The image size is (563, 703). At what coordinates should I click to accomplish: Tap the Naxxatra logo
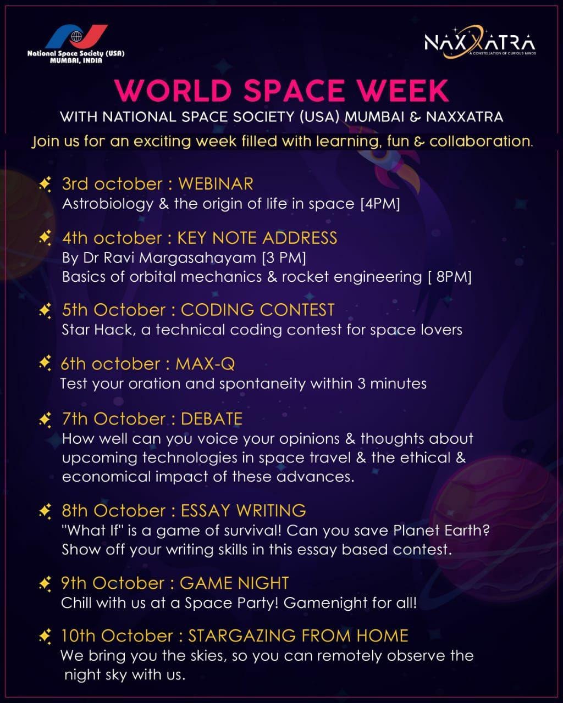(480, 42)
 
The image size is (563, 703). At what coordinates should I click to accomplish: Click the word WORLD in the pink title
(173, 91)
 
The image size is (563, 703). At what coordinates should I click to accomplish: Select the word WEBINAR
(216, 184)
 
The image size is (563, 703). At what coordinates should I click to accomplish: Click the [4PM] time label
(380, 204)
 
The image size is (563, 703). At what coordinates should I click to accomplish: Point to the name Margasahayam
(197, 258)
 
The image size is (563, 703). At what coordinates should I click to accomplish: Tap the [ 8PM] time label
(450, 277)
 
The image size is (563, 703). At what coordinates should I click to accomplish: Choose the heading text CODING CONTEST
(258, 310)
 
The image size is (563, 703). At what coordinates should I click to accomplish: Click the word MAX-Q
(205, 364)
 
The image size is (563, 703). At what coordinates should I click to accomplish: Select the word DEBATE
(212, 419)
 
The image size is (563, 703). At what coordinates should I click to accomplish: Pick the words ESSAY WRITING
(244, 511)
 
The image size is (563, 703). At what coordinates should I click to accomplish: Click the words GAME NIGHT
(234, 583)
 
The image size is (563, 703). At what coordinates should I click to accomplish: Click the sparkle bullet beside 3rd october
(45, 184)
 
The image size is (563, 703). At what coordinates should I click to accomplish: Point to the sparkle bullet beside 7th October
(45, 420)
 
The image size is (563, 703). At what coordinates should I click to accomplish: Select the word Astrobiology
(108, 204)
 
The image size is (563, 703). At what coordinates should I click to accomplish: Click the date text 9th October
(113, 583)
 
